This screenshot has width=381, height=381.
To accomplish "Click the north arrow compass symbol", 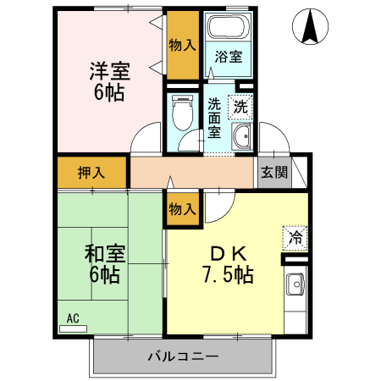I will (308, 26).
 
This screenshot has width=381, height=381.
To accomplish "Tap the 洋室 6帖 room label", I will (108, 81).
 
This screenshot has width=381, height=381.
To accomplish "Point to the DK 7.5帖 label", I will (227, 263).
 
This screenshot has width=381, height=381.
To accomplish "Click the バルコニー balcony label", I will (181, 356).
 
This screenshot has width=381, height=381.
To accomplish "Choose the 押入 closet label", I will (91, 173).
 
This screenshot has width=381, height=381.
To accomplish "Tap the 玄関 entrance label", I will (273, 173).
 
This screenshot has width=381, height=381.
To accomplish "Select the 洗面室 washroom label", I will (215, 119).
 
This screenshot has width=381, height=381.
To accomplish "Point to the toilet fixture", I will (180, 110).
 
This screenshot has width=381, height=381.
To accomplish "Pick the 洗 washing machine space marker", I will (241, 107).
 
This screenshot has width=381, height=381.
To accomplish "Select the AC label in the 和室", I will (73, 318).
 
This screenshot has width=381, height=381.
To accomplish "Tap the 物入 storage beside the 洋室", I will (183, 44).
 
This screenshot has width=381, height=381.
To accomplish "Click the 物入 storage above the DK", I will (183, 207).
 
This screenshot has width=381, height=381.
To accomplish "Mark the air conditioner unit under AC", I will (73, 327).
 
